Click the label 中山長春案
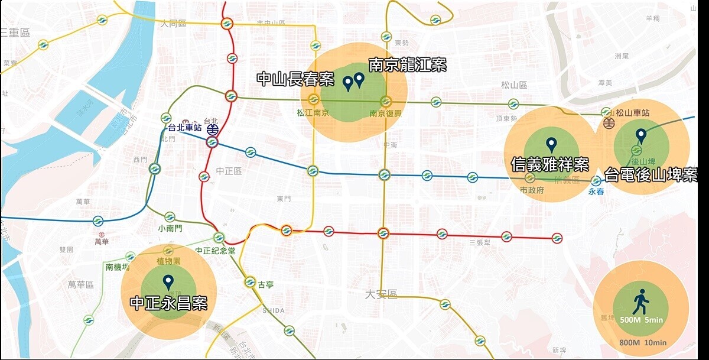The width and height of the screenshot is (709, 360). tap(295, 79)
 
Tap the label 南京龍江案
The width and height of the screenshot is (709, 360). tap(407, 64)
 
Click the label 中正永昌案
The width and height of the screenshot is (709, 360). tap(168, 304)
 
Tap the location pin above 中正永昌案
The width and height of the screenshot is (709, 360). tap(168, 282)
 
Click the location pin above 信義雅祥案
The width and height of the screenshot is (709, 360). tap(551, 144)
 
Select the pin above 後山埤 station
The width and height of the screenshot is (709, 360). tap(640, 136)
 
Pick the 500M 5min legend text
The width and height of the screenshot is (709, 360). tap(640, 320)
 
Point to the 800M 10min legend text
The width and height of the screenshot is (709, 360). tap(643, 343)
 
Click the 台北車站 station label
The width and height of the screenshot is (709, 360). tap(185, 128)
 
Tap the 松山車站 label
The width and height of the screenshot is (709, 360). tap(633, 112)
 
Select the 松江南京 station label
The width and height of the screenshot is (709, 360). tap(313, 113)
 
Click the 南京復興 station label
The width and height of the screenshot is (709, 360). tap(385, 113)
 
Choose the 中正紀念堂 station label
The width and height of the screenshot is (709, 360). tap(216, 250)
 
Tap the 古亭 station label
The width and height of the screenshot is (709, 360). tap(265, 284)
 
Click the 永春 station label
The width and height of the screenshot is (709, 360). tap(596, 192)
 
